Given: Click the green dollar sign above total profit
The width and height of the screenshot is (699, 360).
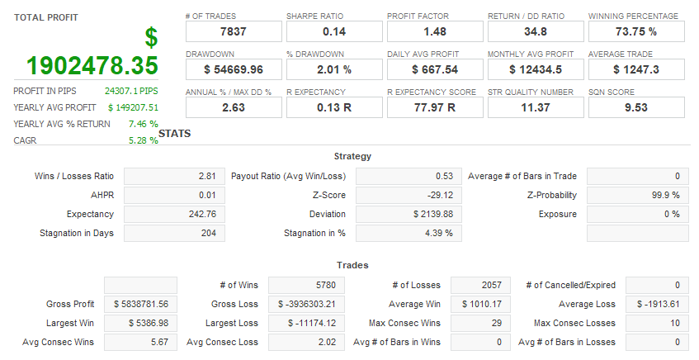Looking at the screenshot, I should pos(150,37).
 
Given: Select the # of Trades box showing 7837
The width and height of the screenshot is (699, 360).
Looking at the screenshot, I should pos(233,31).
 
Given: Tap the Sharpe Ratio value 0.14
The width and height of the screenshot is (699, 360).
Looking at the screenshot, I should pos(333,31).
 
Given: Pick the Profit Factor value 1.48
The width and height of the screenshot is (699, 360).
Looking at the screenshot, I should pos(434,31).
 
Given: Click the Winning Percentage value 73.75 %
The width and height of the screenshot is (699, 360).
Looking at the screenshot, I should pos(635,31).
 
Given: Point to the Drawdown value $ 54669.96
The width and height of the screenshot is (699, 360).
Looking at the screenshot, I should pos(233,69).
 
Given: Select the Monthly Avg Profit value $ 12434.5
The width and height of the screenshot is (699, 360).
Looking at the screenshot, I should pos(535,69).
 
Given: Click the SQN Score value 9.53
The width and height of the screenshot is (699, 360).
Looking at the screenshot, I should pos(635,107).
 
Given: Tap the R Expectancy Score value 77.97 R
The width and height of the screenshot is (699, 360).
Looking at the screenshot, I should pos(434,107).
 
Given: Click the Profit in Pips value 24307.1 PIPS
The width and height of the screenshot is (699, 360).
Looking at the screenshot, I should pos(131,90).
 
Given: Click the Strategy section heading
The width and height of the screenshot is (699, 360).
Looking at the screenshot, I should pos(352,156).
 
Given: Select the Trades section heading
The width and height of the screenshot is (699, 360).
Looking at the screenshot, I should pos(352,265).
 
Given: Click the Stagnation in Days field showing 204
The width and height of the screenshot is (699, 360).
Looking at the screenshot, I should pos(174,233).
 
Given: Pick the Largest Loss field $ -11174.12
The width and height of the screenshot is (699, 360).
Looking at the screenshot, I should pos(306,323).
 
